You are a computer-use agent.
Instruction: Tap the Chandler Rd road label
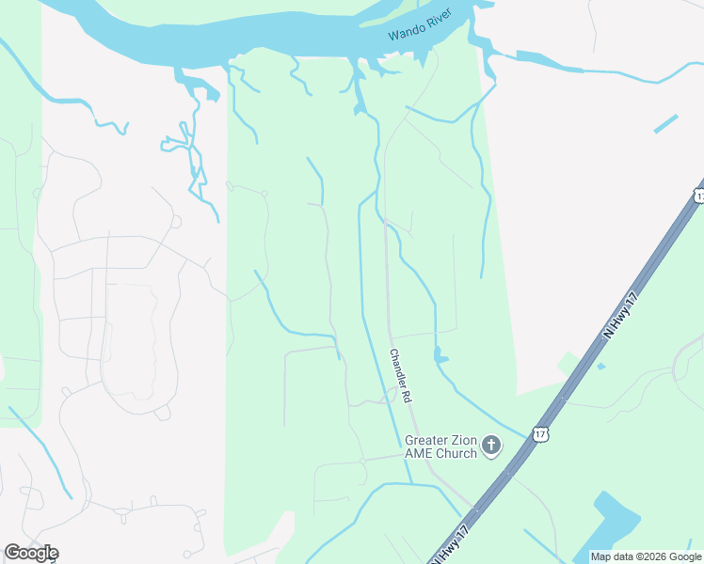[400, 377]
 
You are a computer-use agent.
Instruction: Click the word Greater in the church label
[425, 440]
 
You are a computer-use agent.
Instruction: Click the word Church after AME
[456, 454]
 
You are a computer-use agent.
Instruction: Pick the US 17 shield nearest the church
[539, 433]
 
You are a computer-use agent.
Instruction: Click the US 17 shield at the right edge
[698, 195]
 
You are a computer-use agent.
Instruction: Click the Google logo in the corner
[31, 553]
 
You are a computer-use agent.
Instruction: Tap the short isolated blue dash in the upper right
[665, 123]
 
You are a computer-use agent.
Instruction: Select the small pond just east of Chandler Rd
[440, 356]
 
